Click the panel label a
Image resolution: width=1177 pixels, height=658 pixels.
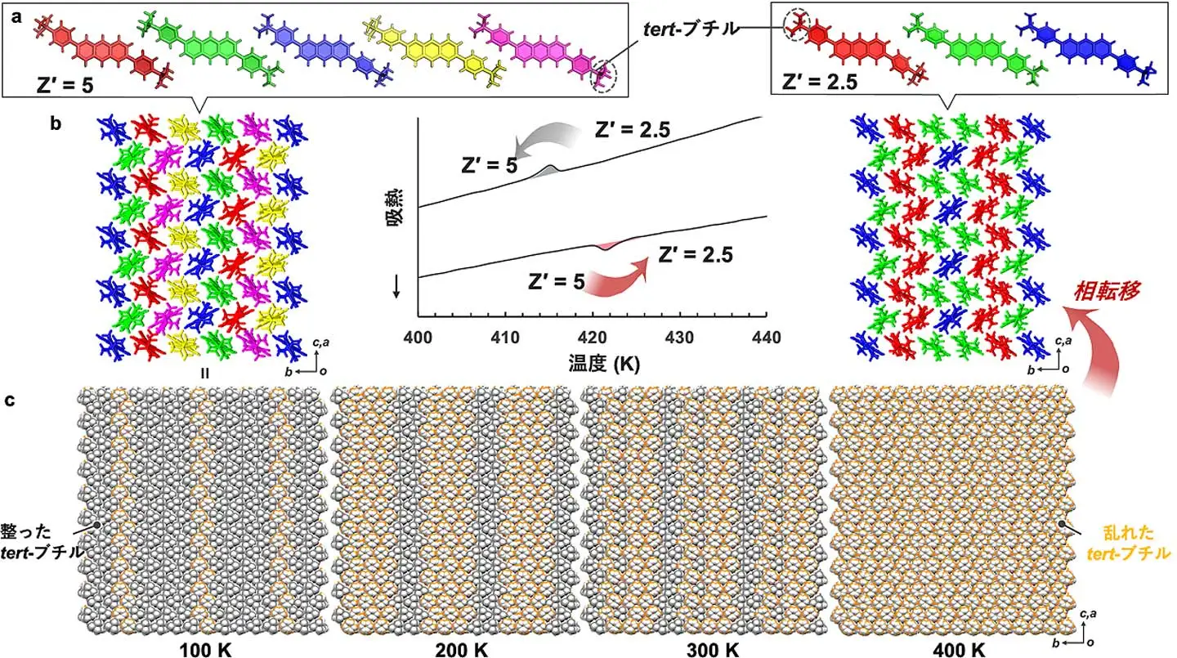coord(17,17)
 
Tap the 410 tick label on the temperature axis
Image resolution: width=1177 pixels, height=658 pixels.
coord(505,337)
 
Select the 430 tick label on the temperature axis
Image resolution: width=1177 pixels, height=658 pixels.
coord(679,337)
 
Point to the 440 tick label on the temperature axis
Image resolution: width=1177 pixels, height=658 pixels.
coord(766,337)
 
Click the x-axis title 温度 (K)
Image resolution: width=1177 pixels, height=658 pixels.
coord(604,363)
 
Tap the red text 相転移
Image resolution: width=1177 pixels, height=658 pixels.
coord(1107,292)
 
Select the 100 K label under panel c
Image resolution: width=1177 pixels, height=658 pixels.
coord(205,650)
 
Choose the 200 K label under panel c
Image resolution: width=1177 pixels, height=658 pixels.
coord(460,650)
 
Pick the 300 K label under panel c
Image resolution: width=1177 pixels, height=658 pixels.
coord(713,650)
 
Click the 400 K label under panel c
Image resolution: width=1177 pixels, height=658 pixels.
coord(959,650)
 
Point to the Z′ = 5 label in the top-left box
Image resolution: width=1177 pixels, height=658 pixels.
coord(65,85)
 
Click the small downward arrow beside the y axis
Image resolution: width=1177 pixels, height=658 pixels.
coord(396,288)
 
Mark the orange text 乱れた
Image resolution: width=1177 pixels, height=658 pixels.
coord(1128,533)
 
